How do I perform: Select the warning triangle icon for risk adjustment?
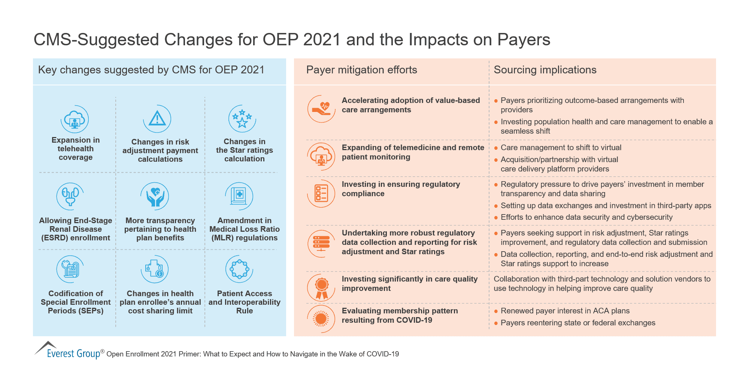pyautogui.click(x=157, y=119)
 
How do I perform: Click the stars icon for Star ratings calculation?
pyautogui.click(x=242, y=118)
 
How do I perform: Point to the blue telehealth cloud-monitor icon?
pyautogui.click(x=75, y=119)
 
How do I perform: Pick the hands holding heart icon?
pyautogui.click(x=155, y=196)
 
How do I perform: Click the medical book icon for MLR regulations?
pyautogui.click(x=239, y=196)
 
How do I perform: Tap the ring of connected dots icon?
pyautogui.click(x=239, y=269)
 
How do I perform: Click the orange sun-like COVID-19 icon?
pyautogui.click(x=321, y=319)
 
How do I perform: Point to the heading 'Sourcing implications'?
pyautogui.click(x=545, y=70)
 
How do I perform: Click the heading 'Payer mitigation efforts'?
pyautogui.click(x=361, y=70)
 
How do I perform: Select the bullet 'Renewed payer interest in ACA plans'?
pyautogui.click(x=565, y=311)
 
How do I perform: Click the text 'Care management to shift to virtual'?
pyautogui.click(x=561, y=148)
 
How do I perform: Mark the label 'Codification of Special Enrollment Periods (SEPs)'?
pyautogui.click(x=76, y=302)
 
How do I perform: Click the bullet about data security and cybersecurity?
pyautogui.click(x=586, y=217)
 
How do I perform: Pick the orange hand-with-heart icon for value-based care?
pyautogui.click(x=321, y=109)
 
